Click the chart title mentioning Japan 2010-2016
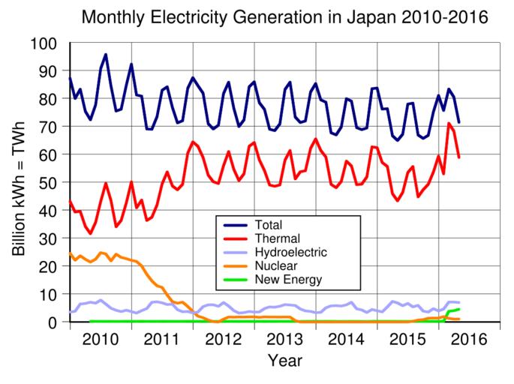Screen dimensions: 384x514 tap(284, 16)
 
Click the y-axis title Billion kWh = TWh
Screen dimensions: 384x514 tap(20, 184)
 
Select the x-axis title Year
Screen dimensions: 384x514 tap(285, 361)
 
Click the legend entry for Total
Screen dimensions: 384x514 tap(269, 224)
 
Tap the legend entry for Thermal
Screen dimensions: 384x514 tap(275, 238)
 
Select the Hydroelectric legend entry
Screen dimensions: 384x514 tap(290, 252)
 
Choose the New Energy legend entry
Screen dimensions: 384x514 tap(288, 280)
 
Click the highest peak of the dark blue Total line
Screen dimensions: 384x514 tap(106, 54)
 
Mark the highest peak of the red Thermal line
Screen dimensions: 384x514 tap(449, 123)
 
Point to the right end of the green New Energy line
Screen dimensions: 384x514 tap(459, 309)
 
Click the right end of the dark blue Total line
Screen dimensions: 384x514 tap(459, 122)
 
